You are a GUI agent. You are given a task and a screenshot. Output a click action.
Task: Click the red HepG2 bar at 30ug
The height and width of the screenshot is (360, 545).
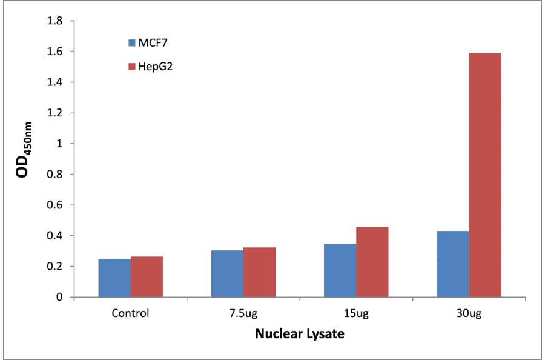click(x=485, y=175)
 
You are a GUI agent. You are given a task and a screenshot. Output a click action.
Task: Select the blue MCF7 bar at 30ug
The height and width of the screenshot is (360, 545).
click(x=453, y=264)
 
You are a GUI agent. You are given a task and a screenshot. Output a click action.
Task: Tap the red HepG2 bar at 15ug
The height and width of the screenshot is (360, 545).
click(x=372, y=262)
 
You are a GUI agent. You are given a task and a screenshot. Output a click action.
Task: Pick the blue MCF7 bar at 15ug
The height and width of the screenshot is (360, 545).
click(x=340, y=270)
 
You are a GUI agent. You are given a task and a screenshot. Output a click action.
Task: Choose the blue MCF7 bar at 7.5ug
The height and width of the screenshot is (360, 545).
click(x=227, y=273)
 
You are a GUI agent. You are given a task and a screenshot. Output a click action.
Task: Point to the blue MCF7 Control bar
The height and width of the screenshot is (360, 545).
click(x=114, y=278)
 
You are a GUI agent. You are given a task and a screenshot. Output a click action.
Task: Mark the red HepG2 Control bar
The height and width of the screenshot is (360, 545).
click(x=147, y=276)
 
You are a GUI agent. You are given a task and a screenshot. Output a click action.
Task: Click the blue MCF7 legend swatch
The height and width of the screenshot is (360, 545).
click(x=131, y=43)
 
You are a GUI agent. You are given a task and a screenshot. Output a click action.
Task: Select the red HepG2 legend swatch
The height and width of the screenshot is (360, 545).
click(x=131, y=65)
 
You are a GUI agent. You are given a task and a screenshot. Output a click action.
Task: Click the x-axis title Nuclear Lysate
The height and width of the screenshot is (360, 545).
click(x=299, y=334)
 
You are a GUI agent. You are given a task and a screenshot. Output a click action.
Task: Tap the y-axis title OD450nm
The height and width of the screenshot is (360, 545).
click(x=24, y=159)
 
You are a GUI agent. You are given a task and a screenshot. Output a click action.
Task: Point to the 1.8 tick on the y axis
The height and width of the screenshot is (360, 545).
click(x=56, y=21)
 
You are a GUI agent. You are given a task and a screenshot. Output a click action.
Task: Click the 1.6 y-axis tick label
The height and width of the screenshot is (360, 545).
click(x=56, y=52)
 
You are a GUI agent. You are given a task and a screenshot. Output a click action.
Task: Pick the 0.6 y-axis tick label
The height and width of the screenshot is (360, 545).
click(x=56, y=205)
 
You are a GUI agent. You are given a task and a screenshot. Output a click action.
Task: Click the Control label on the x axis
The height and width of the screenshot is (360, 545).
click(x=130, y=313)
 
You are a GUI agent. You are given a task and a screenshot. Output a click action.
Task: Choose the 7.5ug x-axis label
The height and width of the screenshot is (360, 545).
click(x=243, y=313)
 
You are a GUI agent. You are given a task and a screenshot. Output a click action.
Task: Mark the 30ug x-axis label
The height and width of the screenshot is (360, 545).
click(x=469, y=313)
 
